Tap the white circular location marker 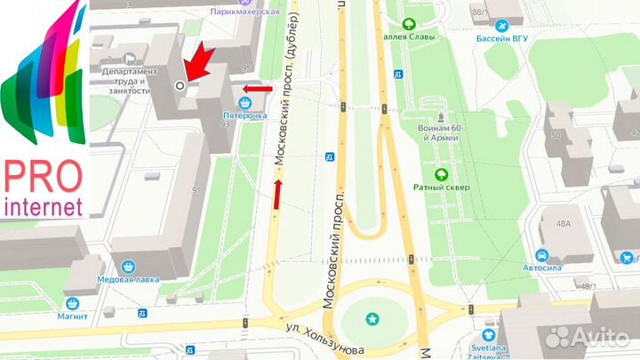click(180, 85)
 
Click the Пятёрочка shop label click(244, 115)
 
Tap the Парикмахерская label click(245, 11)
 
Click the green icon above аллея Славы click(408, 24)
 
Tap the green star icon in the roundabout click(372, 318)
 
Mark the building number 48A click(563, 224)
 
